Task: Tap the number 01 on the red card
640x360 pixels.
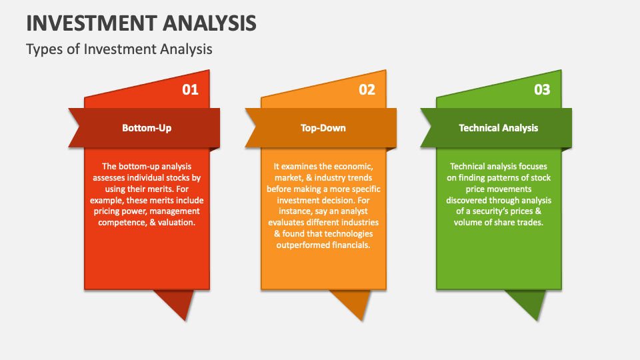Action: [x=191, y=89]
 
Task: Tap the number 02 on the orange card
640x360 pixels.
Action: [x=367, y=89]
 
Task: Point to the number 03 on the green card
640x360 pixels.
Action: [x=542, y=89]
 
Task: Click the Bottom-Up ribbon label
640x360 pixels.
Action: [x=147, y=127]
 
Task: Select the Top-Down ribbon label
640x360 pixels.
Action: [x=323, y=127]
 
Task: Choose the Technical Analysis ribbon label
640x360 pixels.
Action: [x=498, y=127]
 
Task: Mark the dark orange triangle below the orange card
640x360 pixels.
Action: [x=353, y=301]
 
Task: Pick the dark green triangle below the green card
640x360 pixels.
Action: [x=527, y=301]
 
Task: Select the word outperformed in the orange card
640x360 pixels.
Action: [x=303, y=245]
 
